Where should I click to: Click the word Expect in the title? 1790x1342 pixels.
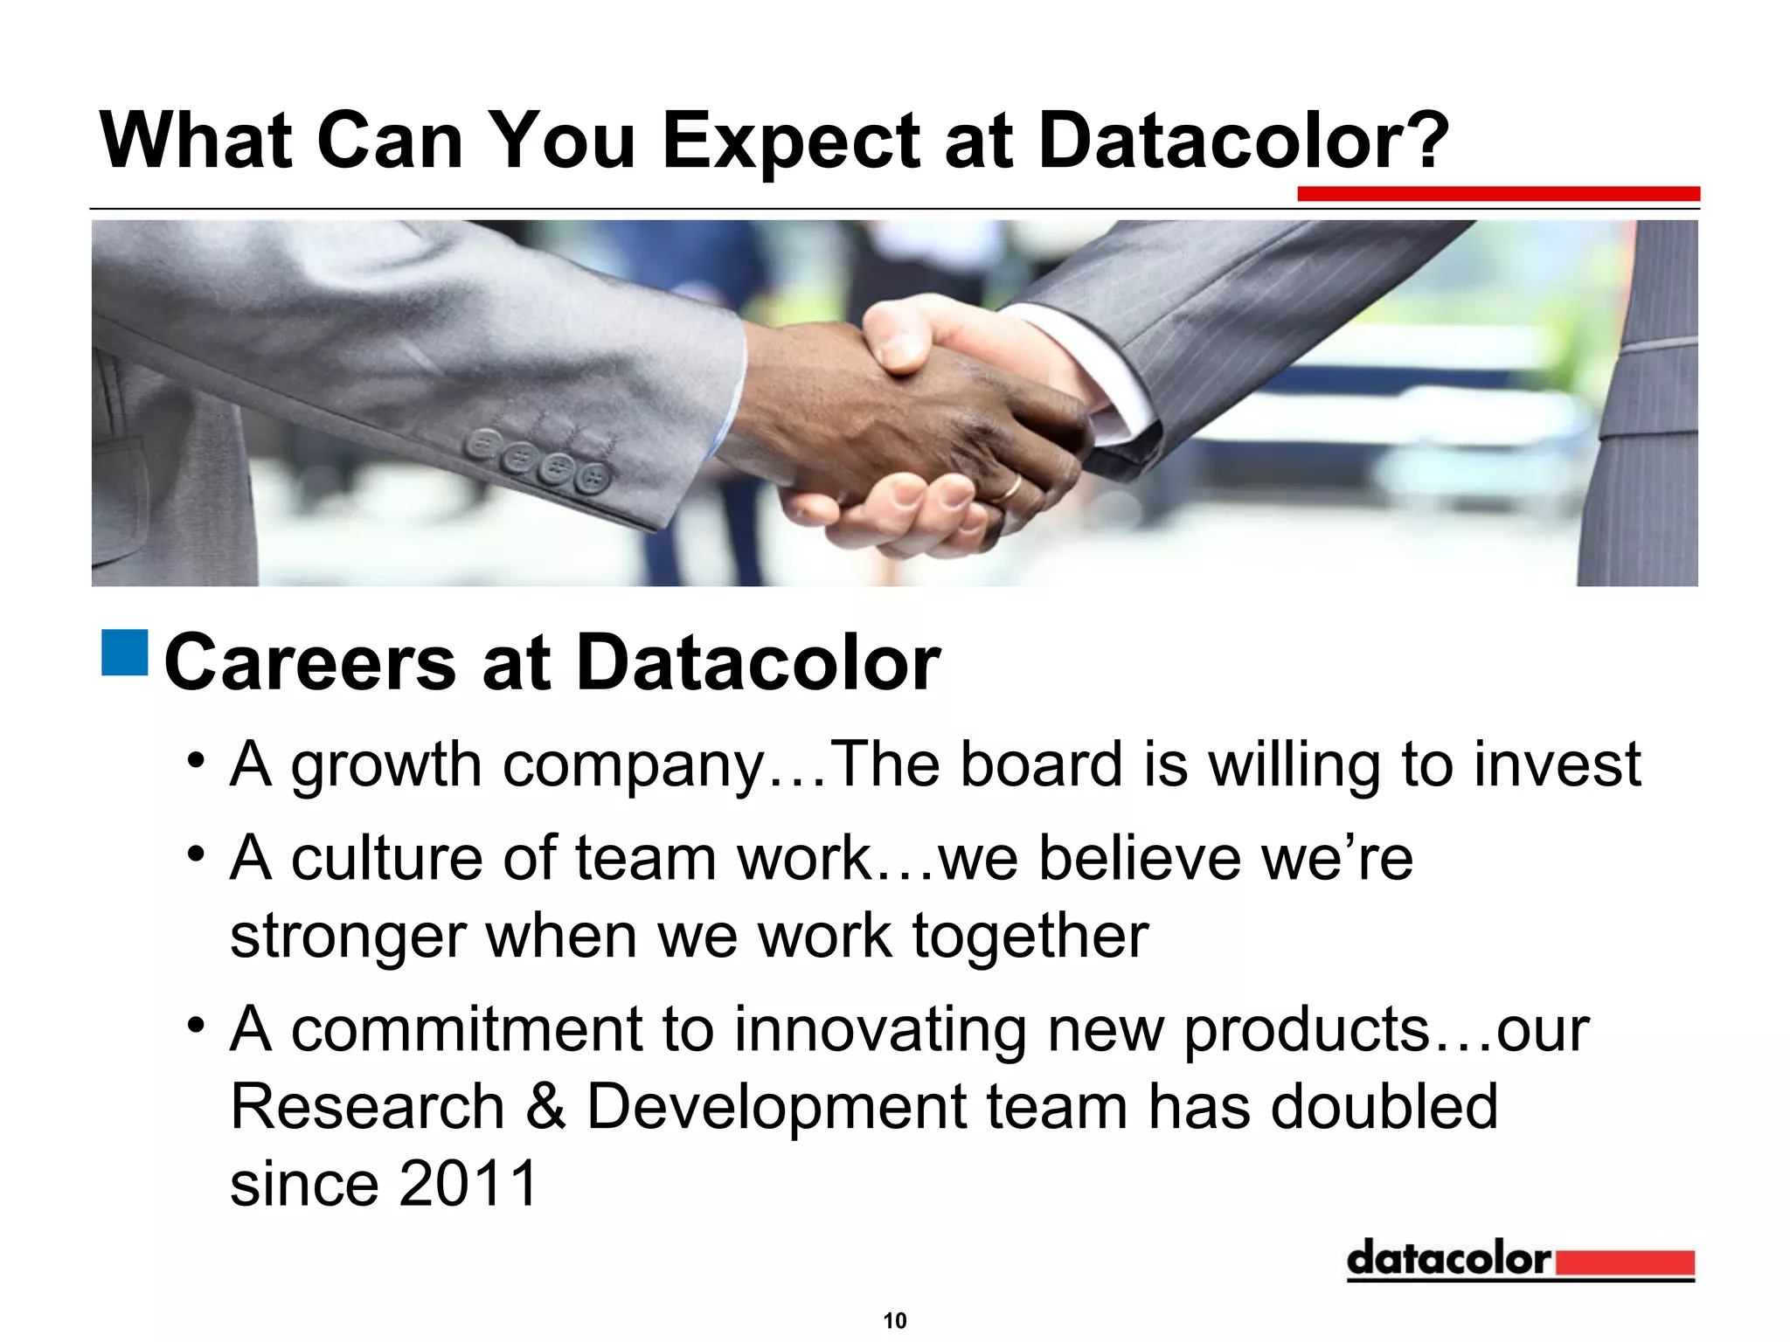click(792, 142)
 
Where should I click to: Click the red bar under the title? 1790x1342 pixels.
click(1497, 194)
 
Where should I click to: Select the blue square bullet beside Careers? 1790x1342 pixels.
click(124, 652)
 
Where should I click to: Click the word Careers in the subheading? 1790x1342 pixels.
click(309, 662)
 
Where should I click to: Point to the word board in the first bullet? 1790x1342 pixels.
click(1041, 764)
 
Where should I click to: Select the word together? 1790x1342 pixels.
click(1030, 937)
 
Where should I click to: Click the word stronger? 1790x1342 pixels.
click(347, 937)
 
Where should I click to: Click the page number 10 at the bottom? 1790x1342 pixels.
click(894, 1320)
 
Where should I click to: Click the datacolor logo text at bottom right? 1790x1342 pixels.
click(1448, 1259)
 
